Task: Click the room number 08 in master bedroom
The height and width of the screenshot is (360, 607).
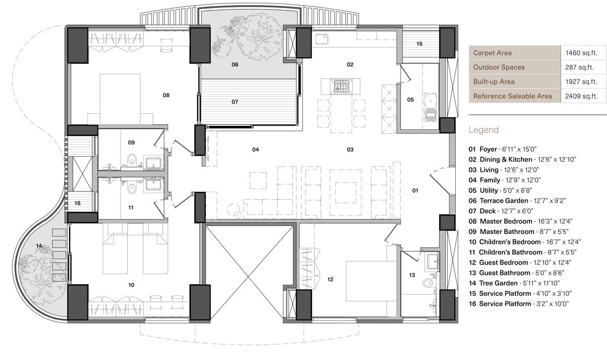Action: pyautogui.click(x=166, y=95)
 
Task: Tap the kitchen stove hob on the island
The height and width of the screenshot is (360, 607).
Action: pyautogui.click(x=341, y=86)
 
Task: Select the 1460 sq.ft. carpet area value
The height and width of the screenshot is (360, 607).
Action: pyautogui.click(x=581, y=53)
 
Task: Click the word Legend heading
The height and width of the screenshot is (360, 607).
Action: pyautogui.click(x=484, y=130)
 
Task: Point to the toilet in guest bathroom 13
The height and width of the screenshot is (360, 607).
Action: pyautogui.click(x=428, y=283)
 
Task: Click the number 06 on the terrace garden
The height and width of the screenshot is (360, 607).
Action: pyautogui.click(x=235, y=65)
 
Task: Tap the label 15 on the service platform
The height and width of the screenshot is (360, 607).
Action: pyautogui.click(x=419, y=43)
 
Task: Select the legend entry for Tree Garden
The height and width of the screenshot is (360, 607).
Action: pyautogui.click(x=514, y=283)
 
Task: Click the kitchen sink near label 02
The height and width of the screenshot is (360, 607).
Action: pyautogui.click(x=322, y=39)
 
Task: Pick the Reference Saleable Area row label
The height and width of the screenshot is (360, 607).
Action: pyautogui.click(x=512, y=96)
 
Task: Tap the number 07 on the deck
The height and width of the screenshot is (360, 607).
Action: pyautogui.click(x=235, y=102)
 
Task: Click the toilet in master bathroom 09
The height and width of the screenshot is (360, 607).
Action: pyautogui.click(x=132, y=159)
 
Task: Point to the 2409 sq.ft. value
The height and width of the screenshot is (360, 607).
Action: pyautogui.click(x=581, y=96)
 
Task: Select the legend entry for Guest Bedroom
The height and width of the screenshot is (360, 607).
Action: pyautogui.click(x=520, y=262)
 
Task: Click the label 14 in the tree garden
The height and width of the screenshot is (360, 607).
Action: pyautogui.click(x=39, y=246)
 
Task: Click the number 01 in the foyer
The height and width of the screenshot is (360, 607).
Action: pyautogui.click(x=415, y=191)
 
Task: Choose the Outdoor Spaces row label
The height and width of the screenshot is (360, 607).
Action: pyautogui.click(x=499, y=67)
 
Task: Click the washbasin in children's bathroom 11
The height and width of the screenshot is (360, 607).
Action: pyautogui.click(x=153, y=185)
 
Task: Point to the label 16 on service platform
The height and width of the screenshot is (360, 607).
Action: pyautogui.click(x=77, y=203)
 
